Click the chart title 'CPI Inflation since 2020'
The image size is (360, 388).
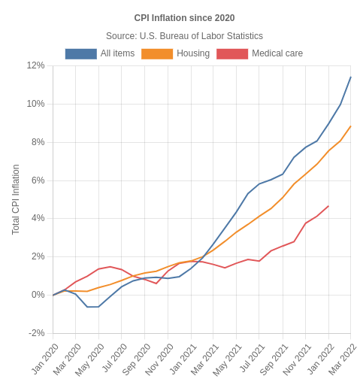[184, 18]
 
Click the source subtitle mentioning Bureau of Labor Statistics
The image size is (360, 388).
[184, 36]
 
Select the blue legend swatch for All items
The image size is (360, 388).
[80, 54]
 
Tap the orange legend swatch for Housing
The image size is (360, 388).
[157, 54]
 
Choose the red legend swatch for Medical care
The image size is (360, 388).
[232, 54]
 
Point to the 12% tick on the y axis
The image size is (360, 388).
[35, 65]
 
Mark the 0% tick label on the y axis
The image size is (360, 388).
[37, 295]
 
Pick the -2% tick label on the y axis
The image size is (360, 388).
[35, 333]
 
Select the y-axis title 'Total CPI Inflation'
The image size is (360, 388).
[16, 199]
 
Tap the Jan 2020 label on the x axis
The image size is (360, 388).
[45, 359]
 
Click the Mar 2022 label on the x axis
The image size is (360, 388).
[343, 359]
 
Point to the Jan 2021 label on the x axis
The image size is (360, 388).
[183, 359]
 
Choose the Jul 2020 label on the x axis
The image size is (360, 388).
[114, 359]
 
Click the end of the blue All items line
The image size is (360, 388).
[351, 77]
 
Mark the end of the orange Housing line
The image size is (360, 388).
[351, 126]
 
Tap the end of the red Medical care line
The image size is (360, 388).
[328, 206]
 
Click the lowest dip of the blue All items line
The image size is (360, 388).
[92, 307]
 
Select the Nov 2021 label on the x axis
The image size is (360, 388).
[298, 359]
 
